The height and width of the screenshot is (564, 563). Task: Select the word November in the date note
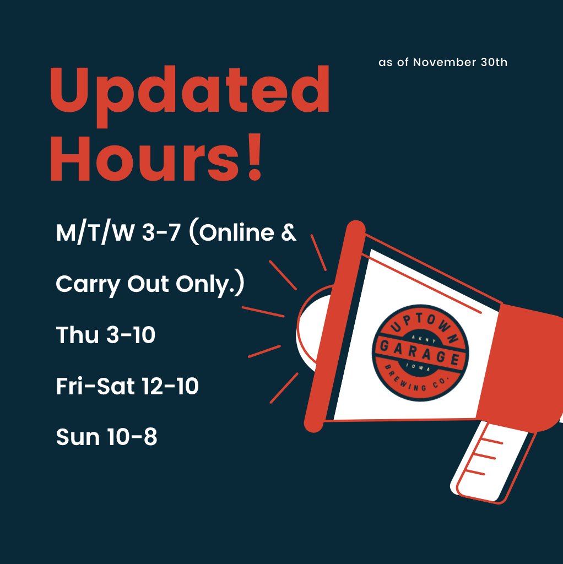click(x=445, y=62)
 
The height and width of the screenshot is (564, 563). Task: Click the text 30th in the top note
click(x=494, y=62)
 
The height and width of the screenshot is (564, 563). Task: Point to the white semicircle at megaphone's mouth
click(x=308, y=330)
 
